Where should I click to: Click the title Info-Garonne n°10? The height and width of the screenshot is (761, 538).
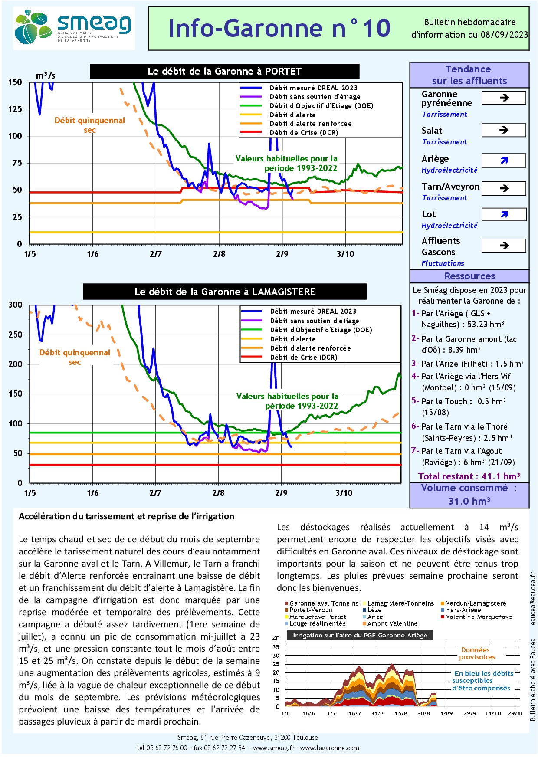point(279,29)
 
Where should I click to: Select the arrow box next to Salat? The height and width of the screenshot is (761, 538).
point(504,130)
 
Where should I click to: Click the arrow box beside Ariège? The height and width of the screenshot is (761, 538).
point(504,161)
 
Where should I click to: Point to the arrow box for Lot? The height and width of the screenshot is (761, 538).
point(504,214)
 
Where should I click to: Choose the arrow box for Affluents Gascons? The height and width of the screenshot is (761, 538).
point(504,246)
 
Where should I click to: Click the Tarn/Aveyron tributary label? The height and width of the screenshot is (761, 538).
point(450,187)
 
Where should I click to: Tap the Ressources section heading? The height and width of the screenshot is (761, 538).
point(469,276)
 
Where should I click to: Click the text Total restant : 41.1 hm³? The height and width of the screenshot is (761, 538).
point(469,476)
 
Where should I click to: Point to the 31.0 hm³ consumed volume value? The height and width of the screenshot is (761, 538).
point(469,501)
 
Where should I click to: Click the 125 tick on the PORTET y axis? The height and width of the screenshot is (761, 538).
point(15,109)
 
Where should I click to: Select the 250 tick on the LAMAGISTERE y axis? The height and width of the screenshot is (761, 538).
point(15,335)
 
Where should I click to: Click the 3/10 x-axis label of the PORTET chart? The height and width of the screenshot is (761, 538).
point(345,254)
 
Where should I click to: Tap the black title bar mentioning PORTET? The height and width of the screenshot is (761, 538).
point(224,72)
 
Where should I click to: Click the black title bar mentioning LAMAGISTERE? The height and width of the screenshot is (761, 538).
point(225,292)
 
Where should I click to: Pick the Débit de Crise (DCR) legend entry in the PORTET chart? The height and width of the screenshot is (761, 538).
point(304,133)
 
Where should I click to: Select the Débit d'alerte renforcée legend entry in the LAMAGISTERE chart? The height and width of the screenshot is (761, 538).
point(310,348)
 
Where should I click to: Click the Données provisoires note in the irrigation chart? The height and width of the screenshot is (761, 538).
point(476,653)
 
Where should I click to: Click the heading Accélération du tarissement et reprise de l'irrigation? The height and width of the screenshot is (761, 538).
point(126,516)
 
